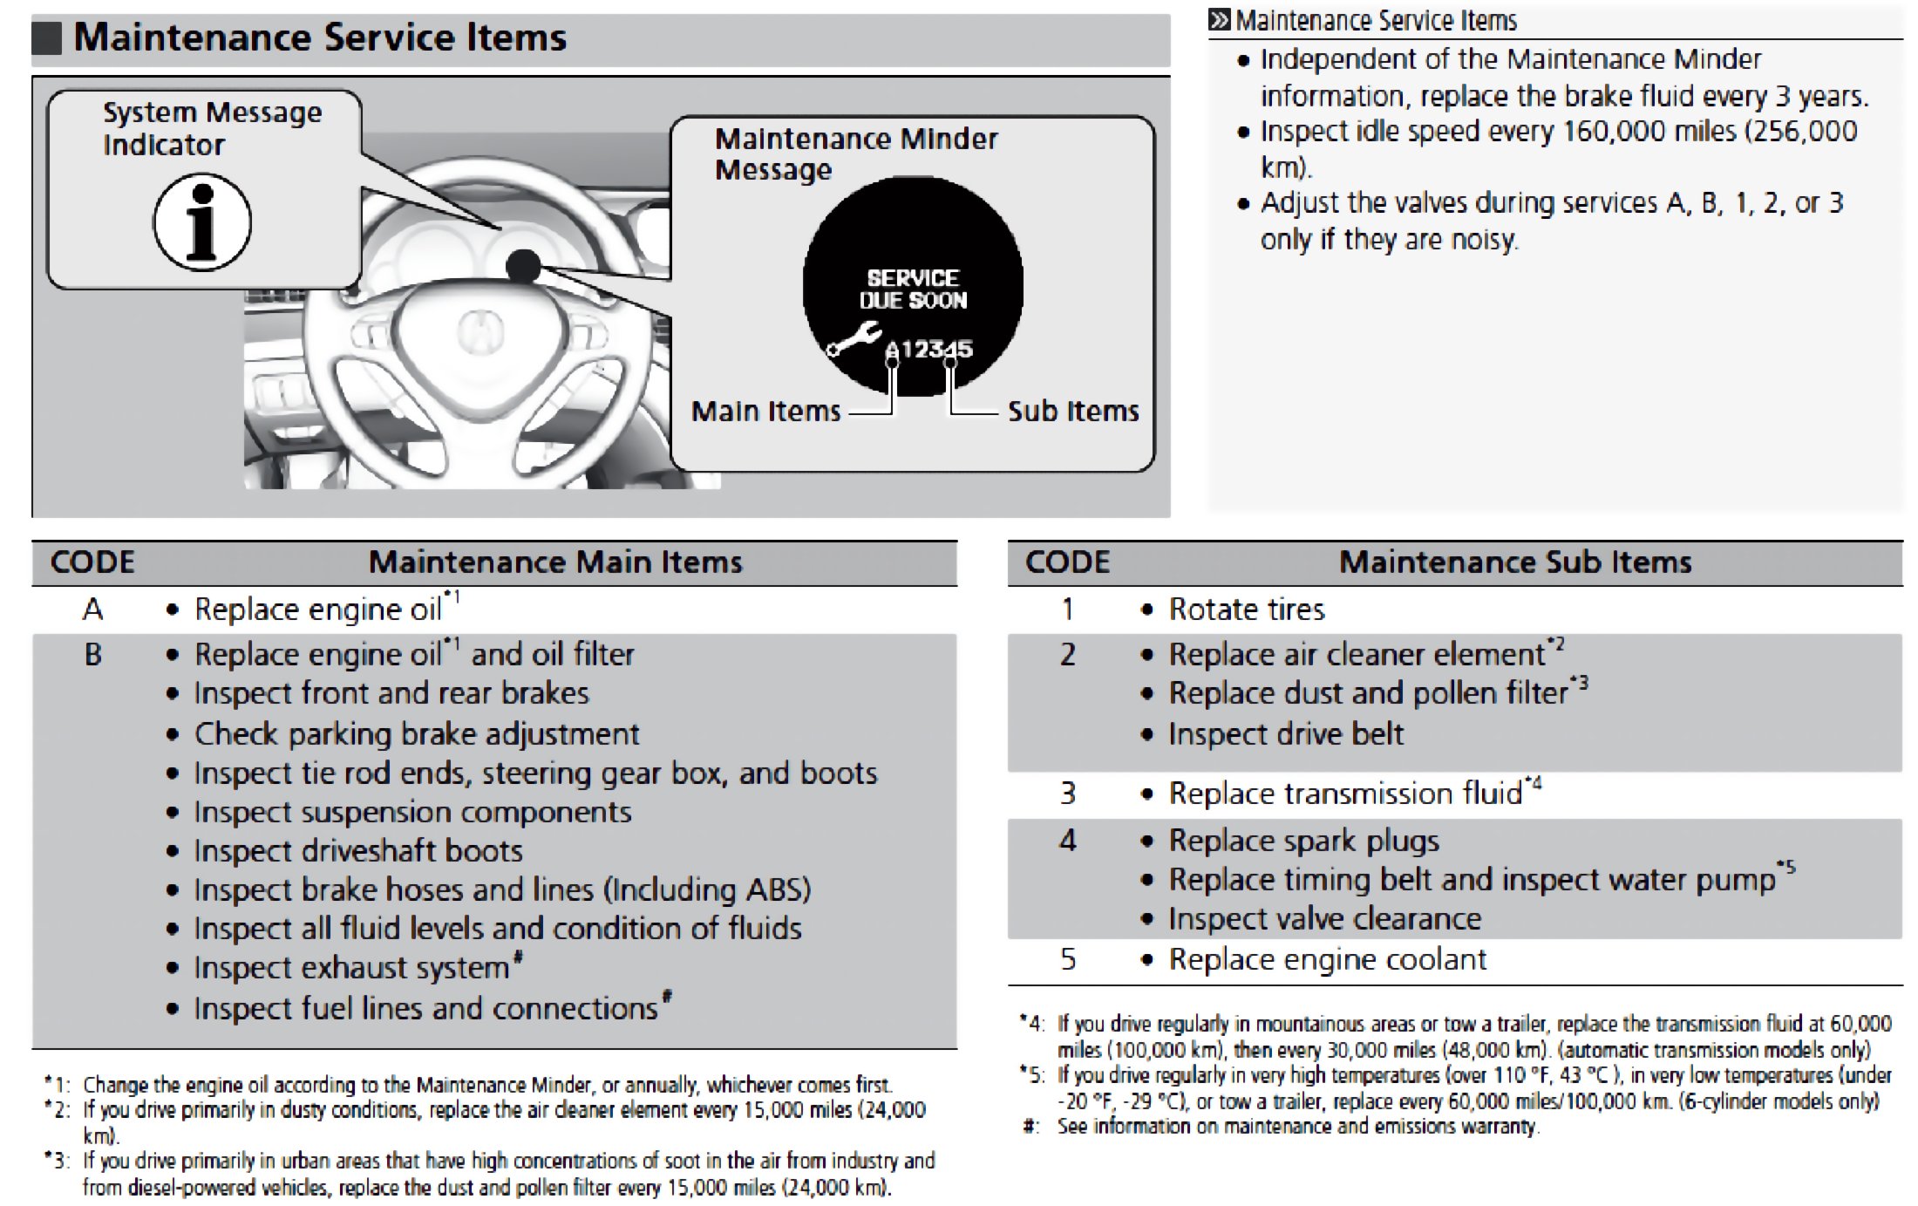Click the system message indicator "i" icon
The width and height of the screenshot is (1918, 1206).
coord(202,221)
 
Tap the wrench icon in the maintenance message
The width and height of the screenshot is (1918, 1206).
coord(854,339)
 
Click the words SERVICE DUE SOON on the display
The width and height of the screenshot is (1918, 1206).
coord(913,290)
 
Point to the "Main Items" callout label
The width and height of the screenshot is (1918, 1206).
coord(765,411)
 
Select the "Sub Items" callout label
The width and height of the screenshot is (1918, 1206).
coord(1073,411)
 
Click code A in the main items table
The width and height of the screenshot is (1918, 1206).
coord(92,609)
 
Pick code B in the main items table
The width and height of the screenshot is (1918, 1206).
coord(92,654)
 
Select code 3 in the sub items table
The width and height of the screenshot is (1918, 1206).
coord(1068,794)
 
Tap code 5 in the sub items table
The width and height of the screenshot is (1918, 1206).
coord(1068,959)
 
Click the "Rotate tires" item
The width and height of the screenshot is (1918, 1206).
coord(1246,609)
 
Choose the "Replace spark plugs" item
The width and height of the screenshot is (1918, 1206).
coord(1303,841)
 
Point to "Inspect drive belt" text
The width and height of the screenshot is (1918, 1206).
coord(1286,734)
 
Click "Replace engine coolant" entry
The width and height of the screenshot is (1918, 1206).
coord(1327,959)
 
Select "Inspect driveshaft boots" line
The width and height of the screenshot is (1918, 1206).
coord(358,851)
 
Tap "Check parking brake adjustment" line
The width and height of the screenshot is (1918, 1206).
coord(417,734)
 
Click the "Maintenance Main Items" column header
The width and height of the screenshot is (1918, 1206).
coord(555,562)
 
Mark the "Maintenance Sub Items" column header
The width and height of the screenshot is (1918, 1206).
coord(1515,562)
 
